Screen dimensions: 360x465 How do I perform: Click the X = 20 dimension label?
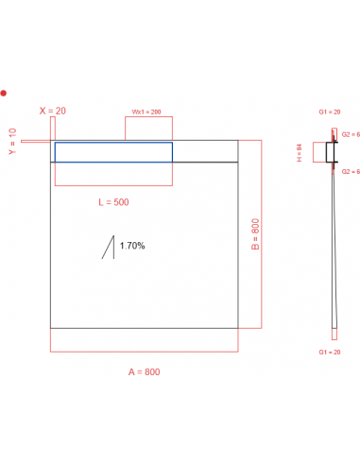[53, 111]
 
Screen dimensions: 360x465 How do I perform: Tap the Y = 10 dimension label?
[12, 142]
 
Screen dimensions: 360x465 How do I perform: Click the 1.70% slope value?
[132, 246]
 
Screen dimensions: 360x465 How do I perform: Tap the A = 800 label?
[145, 371]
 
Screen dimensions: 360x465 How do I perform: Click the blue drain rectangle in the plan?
[113, 151]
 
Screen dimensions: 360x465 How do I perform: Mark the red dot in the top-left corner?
[4, 93]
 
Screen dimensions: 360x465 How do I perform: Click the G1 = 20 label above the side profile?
[328, 112]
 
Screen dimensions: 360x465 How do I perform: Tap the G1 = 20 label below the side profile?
[330, 352]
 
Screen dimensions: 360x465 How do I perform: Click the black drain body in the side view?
[332, 151]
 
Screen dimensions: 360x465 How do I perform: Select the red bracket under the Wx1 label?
[149, 129]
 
